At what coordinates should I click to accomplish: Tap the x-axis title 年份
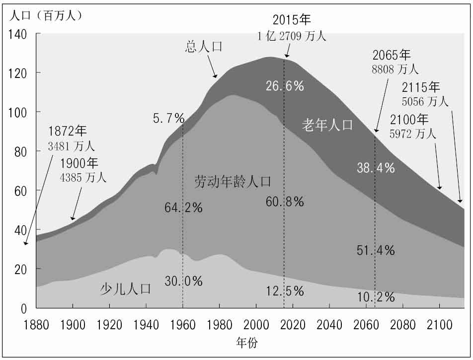[x=247, y=342]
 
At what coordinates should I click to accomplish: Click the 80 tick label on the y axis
[x=20, y=151]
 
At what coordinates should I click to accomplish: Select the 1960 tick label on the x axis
[x=183, y=325]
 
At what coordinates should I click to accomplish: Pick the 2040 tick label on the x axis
[x=329, y=325]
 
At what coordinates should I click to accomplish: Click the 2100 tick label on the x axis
[x=439, y=325]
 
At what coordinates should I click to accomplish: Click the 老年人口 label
[x=327, y=125]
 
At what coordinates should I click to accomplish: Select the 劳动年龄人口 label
[x=233, y=182]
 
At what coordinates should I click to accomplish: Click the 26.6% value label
[x=284, y=86]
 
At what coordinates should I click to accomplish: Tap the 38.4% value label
[x=376, y=168]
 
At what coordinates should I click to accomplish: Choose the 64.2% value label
[x=183, y=208]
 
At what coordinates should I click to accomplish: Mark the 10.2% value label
[x=376, y=297]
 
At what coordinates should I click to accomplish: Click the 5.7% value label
[x=168, y=119]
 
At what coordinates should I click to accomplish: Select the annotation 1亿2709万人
[x=292, y=36]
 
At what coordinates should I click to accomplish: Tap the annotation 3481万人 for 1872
[x=71, y=146]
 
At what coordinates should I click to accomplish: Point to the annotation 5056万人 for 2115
[x=424, y=102]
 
